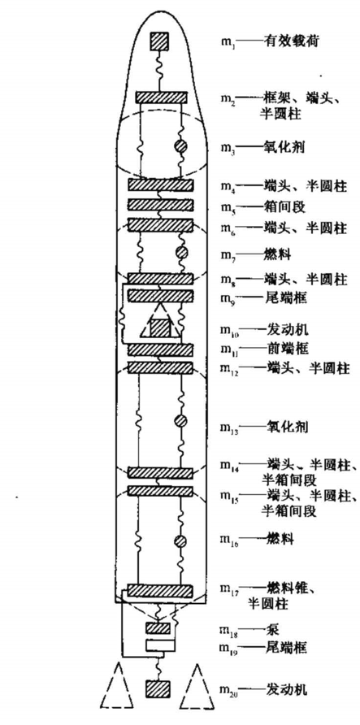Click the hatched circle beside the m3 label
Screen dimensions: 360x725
pyautogui.click(x=180, y=146)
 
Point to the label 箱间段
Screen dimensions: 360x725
pyautogui.click(x=281, y=207)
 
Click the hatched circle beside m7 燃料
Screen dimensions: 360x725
pyautogui.click(x=180, y=253)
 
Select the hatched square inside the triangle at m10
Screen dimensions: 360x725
pyautogui.click(x=159, y=328)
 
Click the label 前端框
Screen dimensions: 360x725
pyautogui.click(x=281, y=350)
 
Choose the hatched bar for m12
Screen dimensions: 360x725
pyautogui.click(x=160, y=367)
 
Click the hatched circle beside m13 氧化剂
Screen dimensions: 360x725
pyautogui.click(x=180, y=421)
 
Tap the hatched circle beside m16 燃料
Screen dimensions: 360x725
pyautogui.click(x=180, y=541)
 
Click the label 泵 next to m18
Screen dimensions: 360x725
pyautogui.click(x=271, y=630)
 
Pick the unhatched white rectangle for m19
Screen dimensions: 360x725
pyautogui.click(x=160, y=645)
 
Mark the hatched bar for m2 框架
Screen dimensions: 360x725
pyautogui.click(x=161, y=98)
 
